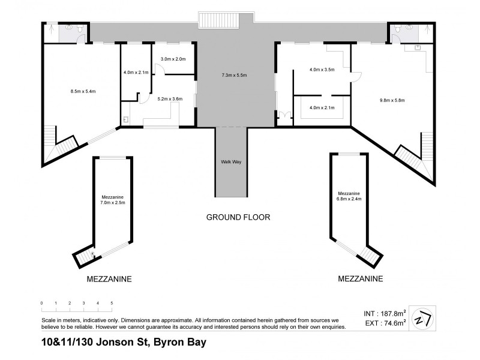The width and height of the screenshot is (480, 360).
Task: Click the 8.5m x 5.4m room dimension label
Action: pyautogui.click(x=83, y=91)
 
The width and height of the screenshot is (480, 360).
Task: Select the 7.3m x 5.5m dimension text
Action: pyautogui.click(x=234, y=75)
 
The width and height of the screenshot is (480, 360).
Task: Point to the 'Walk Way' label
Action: pyautogui.click(x=231, y=162)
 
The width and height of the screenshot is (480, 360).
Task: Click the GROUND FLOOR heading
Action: pyautogui.click(x=238, y=217)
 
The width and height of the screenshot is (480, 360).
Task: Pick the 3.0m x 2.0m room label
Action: pyautogui.click(x=173, y=59)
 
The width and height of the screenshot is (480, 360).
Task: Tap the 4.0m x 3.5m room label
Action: pyautogui.click(x=321, y=70)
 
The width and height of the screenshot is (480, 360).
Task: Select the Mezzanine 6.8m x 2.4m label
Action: pyautogui.click(x=349, y=196)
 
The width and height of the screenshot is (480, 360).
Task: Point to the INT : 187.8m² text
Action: pyautogui.click(x=385, y=313)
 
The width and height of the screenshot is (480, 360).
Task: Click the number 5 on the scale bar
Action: pyautogui.click(x=112, y=303)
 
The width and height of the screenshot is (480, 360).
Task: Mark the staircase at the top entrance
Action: pyautogui.click(x=219, y=19)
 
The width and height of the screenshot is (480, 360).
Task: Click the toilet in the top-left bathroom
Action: pyautogui.click(x=70, y=27)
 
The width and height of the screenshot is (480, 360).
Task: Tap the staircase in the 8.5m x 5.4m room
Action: pyautogui.click(x=65, y=146)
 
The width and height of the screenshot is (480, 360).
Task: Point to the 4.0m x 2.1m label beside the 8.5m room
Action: pyautogui.click(x=135, y=72)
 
